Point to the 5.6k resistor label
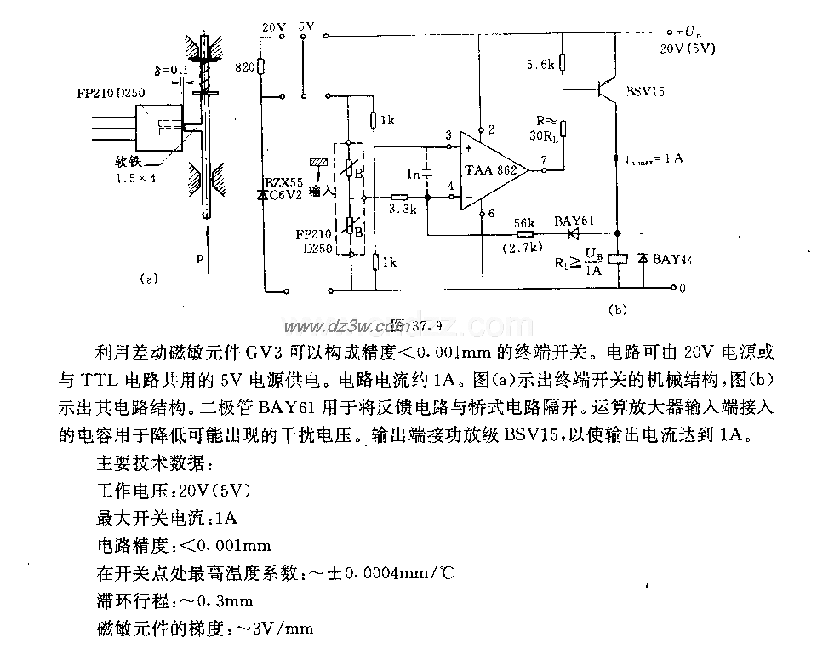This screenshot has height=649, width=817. (541, 64)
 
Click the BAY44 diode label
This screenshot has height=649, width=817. (672, 259)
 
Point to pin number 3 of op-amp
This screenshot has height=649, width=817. (448, 135)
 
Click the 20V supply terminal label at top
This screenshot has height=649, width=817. (274, 28)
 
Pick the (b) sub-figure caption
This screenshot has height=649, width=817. (619, 310)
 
